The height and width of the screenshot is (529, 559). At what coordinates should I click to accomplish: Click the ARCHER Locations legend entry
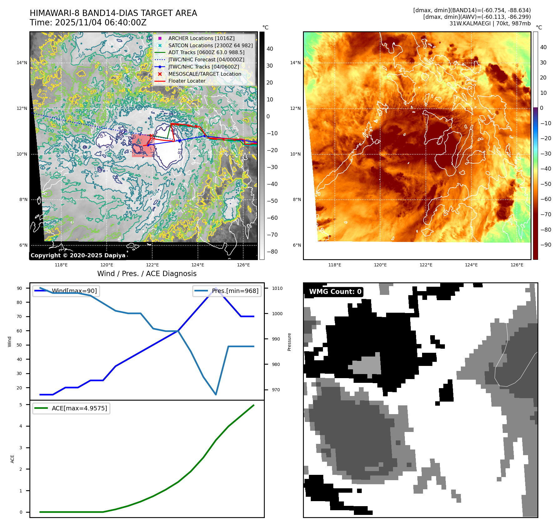(x=201, y=38)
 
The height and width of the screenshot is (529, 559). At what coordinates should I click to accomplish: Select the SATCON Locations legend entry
(x=210, y=45)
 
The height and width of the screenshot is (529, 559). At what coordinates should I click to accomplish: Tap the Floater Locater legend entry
(x=187, y=81)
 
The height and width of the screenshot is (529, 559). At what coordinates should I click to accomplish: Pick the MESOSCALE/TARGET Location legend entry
(x=204, y=74)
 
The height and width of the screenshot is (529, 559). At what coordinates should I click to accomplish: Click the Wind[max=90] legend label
(x=74, y=291)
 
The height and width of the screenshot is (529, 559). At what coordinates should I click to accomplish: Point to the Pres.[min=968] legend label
(x=235, y=291)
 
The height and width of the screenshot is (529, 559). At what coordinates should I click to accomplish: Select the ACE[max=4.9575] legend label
(x=79, y=408)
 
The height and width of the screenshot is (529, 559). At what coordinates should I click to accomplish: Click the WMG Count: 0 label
(x=335, y=292)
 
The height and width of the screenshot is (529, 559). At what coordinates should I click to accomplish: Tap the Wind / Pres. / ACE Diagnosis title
(x=147, y=274)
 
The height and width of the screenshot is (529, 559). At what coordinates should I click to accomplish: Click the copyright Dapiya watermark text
(x=78, y=255)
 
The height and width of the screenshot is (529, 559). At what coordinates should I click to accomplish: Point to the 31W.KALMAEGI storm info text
(x=490, y=23)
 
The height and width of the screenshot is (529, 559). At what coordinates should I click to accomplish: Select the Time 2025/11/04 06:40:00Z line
(x=88, y=23)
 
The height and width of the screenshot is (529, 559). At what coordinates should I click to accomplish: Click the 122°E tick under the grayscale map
(x=152, y=265)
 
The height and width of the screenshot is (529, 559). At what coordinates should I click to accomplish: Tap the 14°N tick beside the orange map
(x=295, y=63)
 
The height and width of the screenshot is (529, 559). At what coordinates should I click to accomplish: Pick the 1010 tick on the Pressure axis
(x=277, y=288)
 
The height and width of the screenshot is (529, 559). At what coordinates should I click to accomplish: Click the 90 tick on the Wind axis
(x=19, y=288)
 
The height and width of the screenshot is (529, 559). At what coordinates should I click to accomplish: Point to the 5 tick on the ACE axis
(x=21, y=405)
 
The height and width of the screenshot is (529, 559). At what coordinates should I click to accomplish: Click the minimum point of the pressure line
(x=216, y=394)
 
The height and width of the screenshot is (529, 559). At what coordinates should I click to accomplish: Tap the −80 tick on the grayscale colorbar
(x=272, y=252)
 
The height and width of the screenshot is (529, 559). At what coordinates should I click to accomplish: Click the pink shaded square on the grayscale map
(x=142, y=146)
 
